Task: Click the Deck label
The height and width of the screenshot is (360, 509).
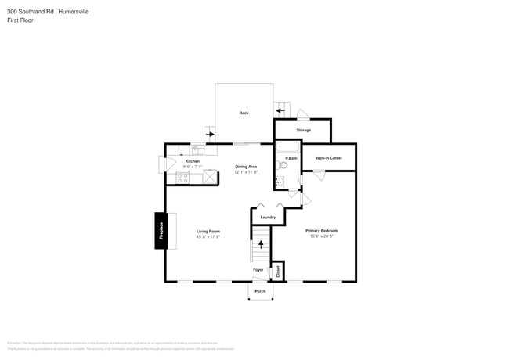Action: pos(244,113)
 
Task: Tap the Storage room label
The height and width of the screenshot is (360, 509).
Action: pos(303,130)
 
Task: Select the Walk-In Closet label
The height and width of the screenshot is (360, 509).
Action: pos(328,158)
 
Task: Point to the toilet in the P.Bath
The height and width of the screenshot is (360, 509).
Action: pos(285,165)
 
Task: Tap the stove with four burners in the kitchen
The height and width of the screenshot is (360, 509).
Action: pos(182,178)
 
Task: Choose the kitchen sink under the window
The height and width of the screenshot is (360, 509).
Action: pos(198,151)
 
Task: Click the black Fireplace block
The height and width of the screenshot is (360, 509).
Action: pos(160,232)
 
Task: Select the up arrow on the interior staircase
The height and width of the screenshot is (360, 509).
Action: pos(261,245)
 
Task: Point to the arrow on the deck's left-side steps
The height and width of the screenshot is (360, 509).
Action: pos(210,134)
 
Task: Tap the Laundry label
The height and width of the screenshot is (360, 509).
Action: pos(268,217)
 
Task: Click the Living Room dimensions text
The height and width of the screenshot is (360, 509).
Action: pos(208,237)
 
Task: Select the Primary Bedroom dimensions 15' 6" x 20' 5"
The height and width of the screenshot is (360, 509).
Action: pos(321,236)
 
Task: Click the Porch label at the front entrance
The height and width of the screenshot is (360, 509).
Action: pos(260,291)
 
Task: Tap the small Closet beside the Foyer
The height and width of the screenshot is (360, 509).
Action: pos(277,271)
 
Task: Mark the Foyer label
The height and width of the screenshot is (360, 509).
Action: pos(258,270)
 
